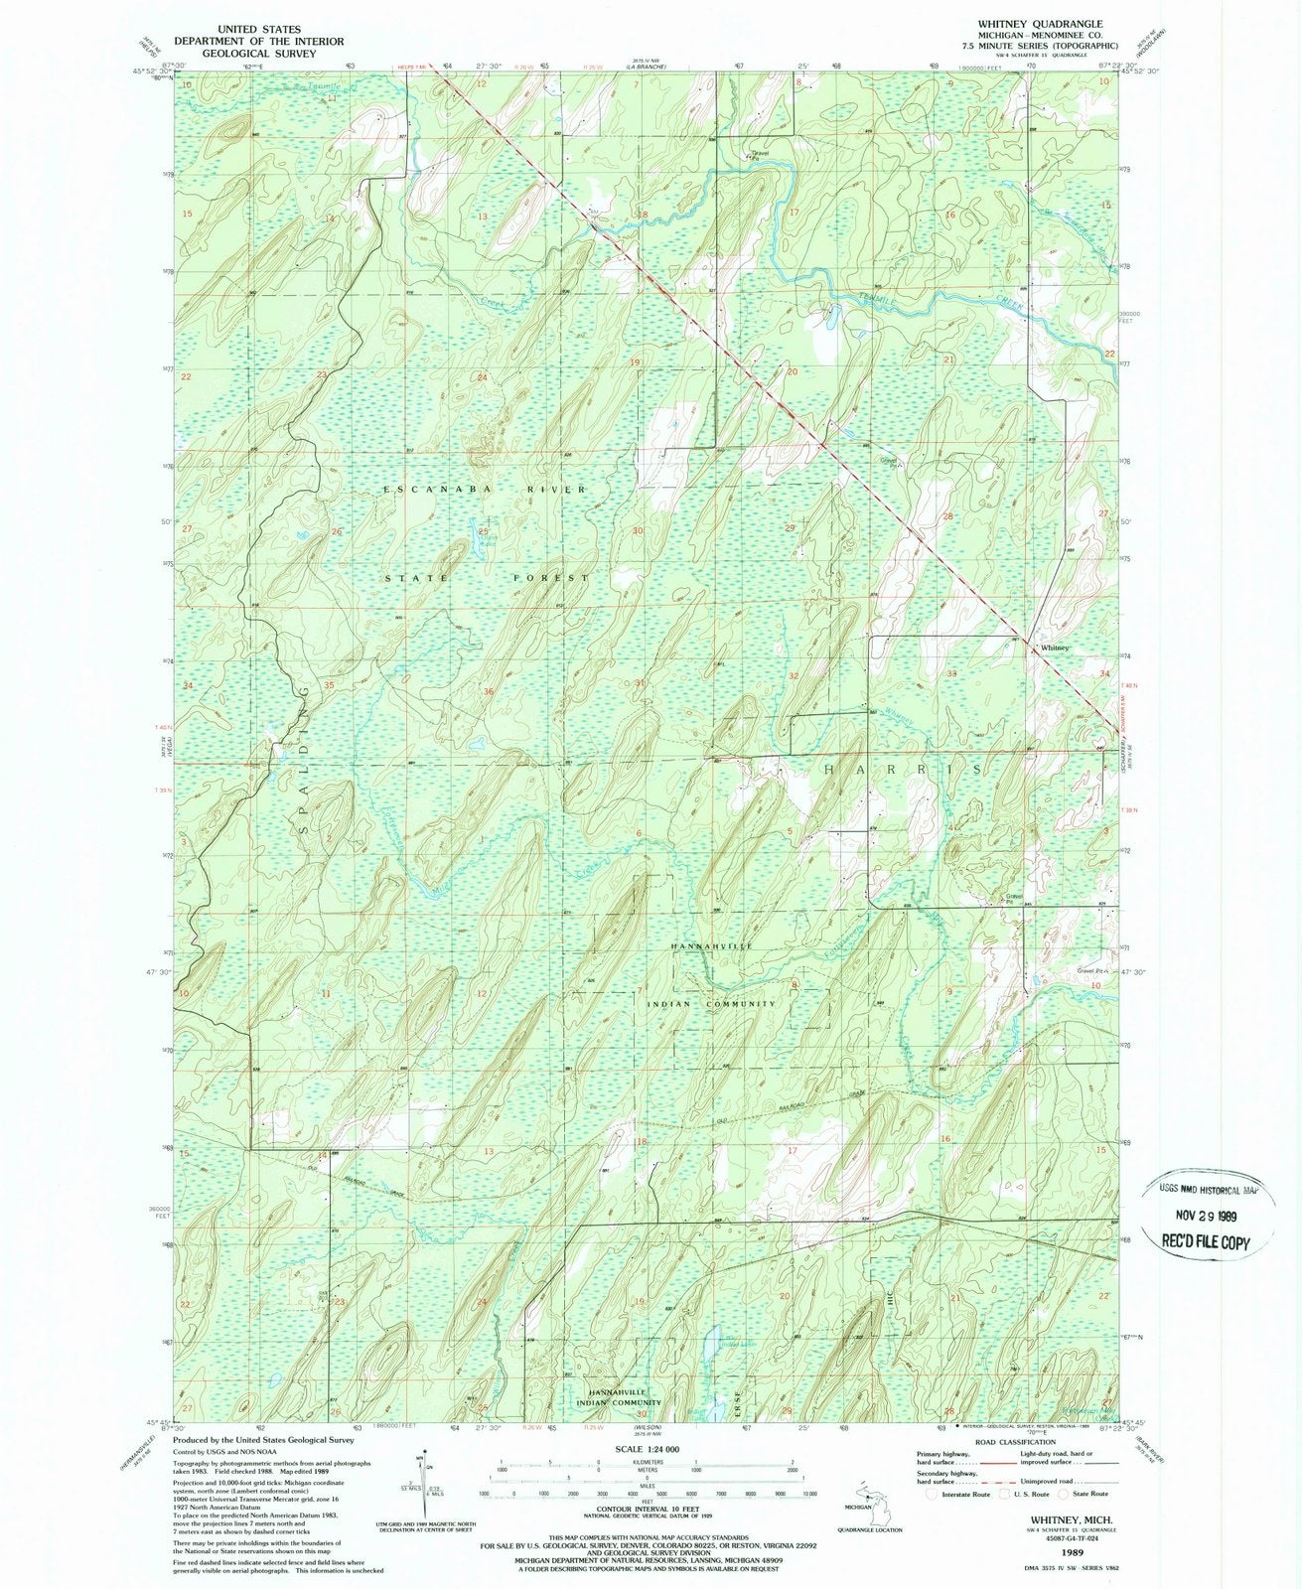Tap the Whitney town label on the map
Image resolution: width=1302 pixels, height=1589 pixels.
pos(1055,647)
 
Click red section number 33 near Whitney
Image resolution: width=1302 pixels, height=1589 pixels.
pos(951,673)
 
